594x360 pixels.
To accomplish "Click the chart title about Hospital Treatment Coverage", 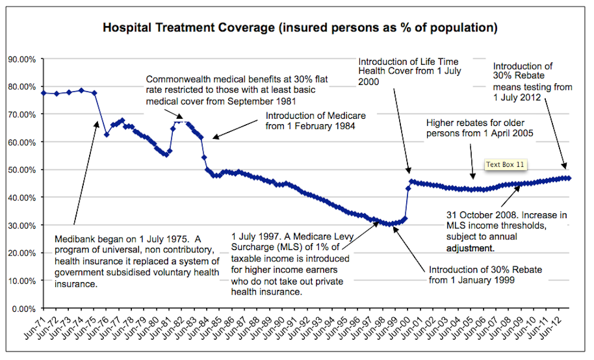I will (300, 28).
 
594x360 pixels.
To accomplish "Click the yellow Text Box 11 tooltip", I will (505, 164).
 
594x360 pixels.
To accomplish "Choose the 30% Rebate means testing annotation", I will (532, 81).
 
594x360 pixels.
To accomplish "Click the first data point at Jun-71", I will (43, 93).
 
